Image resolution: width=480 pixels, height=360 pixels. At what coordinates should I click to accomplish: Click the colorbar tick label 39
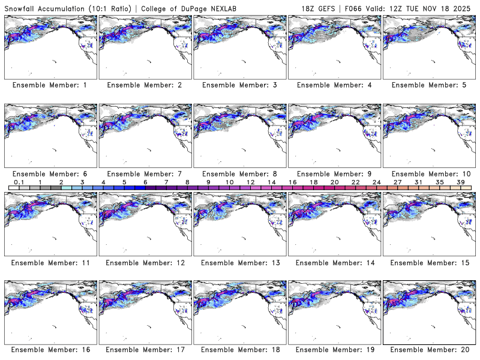click(x=460, y=182)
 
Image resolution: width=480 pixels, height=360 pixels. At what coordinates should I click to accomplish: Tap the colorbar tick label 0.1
click(x=19, y=182)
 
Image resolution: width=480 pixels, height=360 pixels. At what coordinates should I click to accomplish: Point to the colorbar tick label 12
click(x=250, y=182)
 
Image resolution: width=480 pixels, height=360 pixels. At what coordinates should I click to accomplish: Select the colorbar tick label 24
click(x=376, y=182)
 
